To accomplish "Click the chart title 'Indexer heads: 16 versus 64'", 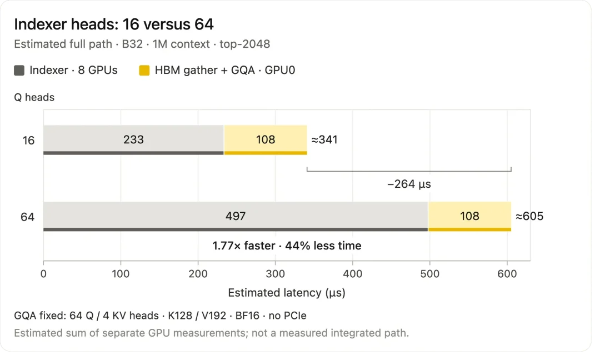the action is pyautogui.click(x=114, y=24).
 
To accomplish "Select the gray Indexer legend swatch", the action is pyautogui.click(x=19, y=71).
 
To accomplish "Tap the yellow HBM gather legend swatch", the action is pyautogui.click(x=144, y=71).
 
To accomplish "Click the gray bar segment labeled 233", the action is pyautogui.click(x=133, y=140).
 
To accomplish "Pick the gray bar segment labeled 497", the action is pyautogui.click(x=236, y=217).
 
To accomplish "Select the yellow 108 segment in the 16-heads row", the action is pyautogui.click(x=266, y=140).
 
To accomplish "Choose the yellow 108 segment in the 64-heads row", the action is pyautogui.click(x=470, y=217).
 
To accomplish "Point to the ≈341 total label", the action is pyautogui.click(x=324, y=139).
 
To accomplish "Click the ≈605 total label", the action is pyautogui.click(x=529, y=216).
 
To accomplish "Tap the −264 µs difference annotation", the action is pyautogui.click(x=409, y=184).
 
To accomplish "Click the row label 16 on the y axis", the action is pyautogui.click(x=28, y=141).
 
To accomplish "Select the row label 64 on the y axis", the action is pyautogui.click(x=28, y=217).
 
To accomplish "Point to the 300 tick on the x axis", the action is pyautogui.click(x=276, y=273).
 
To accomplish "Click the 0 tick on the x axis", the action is pyautogui.click(x=44, y=273).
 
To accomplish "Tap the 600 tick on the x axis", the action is pyautogui.click(x=507, y=273).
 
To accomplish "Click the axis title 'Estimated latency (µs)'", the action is pyautogui.click(x=287, y=293).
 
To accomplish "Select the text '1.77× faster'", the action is pyautogui.click(x=244, y=246).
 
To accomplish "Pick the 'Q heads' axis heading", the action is pyautogui.click(x=34, y=97).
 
